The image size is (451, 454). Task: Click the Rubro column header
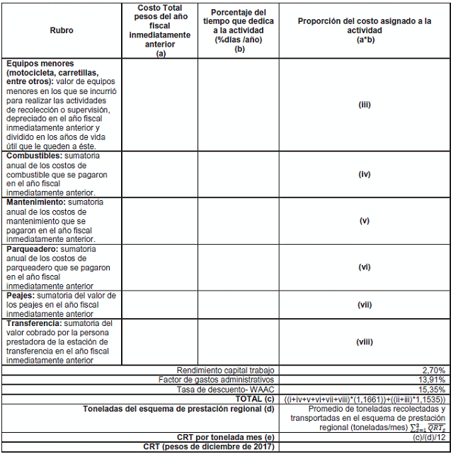coord(62,31)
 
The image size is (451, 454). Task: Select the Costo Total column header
coord(161,30)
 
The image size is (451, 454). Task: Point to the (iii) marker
coord(365,105)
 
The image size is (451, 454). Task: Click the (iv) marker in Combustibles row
coord(365,173)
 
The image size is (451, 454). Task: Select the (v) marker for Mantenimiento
coord(365,221)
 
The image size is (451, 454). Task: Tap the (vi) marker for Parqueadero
coord(365,267)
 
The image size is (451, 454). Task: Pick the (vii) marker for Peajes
coord(365,304)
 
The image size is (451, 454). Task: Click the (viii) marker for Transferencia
coord(365,342)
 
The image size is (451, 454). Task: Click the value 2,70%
coord(433,370)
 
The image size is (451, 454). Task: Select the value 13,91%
coord(431,380)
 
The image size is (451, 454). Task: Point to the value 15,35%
coord(431,390)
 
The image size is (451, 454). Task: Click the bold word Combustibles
coord(33,155)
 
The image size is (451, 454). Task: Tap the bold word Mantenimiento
coord(36,202)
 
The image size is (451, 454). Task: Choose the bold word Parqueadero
coord(33,250)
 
